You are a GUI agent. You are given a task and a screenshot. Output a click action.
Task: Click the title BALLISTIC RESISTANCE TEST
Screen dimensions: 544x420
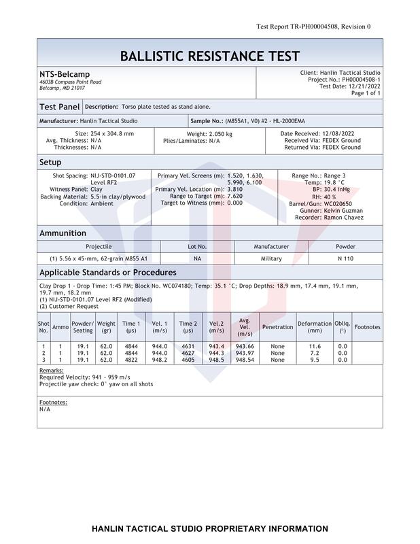point(209,56)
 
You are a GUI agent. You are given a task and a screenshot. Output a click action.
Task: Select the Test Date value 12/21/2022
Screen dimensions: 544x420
point(365,86)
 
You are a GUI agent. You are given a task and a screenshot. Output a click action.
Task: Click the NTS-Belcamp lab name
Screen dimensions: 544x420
point(65,74)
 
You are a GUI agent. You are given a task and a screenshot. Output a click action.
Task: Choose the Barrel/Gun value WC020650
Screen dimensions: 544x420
point(338,203)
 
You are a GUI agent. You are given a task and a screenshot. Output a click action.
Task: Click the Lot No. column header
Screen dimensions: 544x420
point(197,247)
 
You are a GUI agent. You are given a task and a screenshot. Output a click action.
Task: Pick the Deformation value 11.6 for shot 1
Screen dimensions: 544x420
point(315,346)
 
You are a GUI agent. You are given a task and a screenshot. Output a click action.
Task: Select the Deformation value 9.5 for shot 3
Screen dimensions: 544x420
point(315,360)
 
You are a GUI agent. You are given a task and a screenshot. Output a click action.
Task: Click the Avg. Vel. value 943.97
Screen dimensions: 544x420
point(245,353)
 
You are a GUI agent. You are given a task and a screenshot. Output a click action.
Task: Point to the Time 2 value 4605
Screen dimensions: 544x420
point(188,360)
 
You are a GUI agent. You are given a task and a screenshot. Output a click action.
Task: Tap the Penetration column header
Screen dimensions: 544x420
point(277,327)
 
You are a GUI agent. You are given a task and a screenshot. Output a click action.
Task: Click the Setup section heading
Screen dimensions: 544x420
point(50,163)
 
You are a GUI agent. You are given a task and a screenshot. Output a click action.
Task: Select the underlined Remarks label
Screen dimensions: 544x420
point(52,371)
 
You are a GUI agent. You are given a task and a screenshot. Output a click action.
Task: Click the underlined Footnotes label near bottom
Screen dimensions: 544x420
point(54,403)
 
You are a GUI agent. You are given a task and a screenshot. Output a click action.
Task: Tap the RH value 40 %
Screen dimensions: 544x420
point(330,197)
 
